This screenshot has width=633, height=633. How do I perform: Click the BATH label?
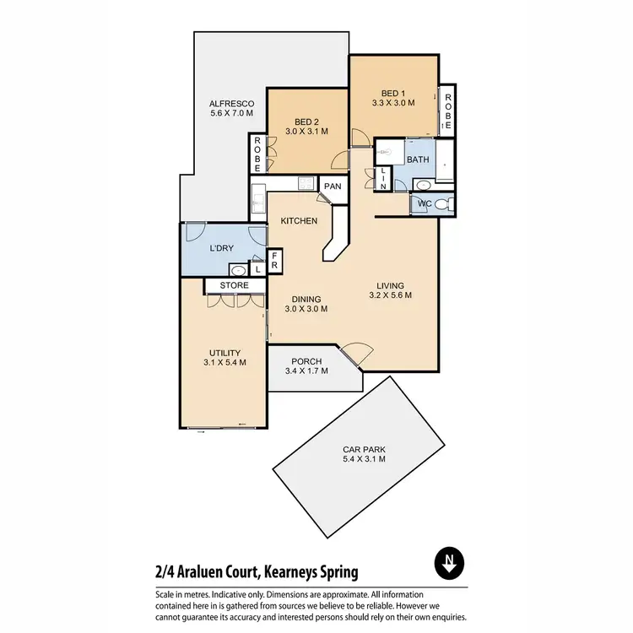[417, 160]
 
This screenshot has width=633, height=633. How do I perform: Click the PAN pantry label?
[333, 187]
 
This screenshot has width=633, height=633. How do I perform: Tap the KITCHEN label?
[300, 221]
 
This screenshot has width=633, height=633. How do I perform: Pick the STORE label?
[234, 286]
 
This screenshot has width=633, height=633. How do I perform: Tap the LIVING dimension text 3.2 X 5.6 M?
[390, 295]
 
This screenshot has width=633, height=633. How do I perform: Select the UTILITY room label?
[225, 353]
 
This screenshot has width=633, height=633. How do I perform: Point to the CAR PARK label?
[363, 448]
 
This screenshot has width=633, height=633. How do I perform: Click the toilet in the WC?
[450, 203]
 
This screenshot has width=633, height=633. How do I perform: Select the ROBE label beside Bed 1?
[447, 111]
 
